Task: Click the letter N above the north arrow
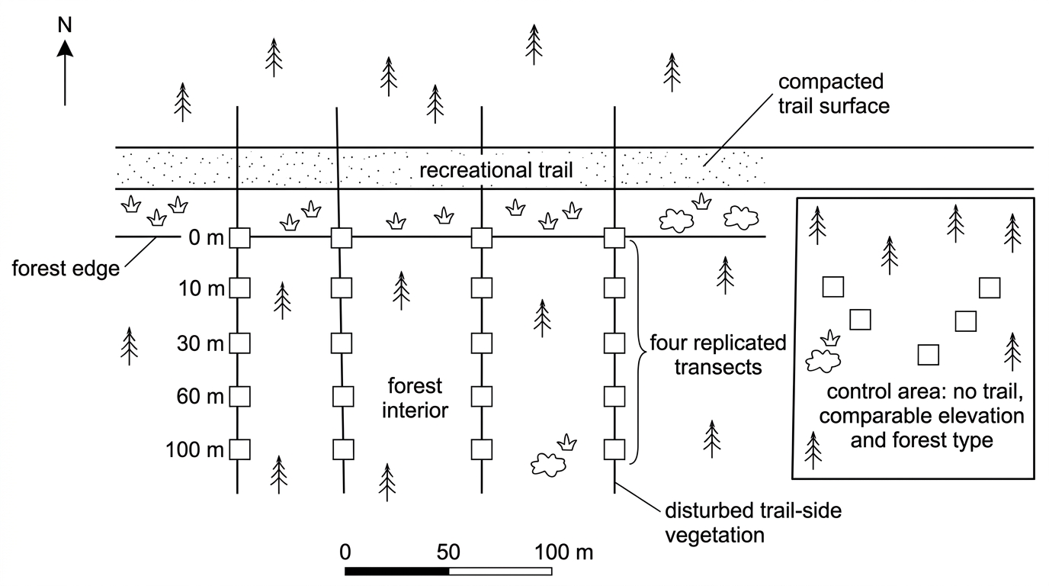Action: [x=65, y=25]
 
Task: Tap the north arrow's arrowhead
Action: [x=65, y=48]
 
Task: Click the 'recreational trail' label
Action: [x=496, y=169]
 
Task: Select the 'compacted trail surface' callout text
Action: [x=833, y=94]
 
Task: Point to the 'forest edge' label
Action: [x=66, y=269]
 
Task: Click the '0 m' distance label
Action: [x=206, y=238]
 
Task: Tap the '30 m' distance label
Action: [x=200, y=343]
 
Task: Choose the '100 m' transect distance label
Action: [x=195, y=449]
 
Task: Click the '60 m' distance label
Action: [x=200, y=397]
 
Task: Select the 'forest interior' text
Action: [x=415, y=398]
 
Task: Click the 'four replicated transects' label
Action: [x=718, y=355]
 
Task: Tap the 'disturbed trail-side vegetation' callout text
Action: [x=753, y=523]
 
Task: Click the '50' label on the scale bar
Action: [x=448, y=552]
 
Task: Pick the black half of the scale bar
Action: [x=396, y=571]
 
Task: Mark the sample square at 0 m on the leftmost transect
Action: [x=239, y=238]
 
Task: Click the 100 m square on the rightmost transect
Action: [x=614, y=449]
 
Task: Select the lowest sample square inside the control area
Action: [x=929, y=355]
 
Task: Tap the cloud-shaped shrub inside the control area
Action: [x=823, y=361]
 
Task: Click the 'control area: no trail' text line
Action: [x=925, y=391]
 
